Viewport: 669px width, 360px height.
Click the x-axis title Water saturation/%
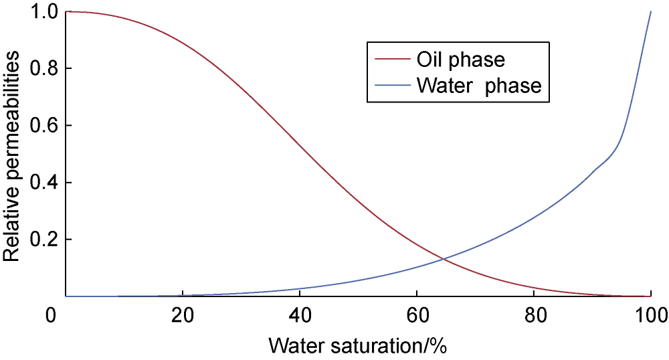point(357,346)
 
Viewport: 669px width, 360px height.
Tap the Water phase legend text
point(478,85)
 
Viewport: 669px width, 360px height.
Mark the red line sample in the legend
point(391,60)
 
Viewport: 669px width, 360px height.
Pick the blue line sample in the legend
point(391,85)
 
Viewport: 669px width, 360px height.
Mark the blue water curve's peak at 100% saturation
point(651,11)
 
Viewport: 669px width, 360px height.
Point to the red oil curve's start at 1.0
point(67,11)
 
